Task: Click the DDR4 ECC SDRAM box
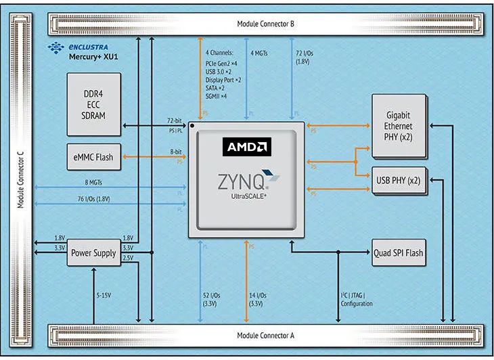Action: [x=95, y=106]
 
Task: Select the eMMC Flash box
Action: [x=94, y=158]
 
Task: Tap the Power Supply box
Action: [x=93, y=253]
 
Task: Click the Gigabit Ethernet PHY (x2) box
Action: [x=398, y=126]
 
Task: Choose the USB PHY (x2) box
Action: [x=398, y=181]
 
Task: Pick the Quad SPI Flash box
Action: [x=398, y=253]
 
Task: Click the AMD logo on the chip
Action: [x=246, y=147]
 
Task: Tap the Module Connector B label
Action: [x=265, y=24]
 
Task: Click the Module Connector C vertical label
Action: [x=21, y=179]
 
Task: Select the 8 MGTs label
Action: [x=95, y=181]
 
